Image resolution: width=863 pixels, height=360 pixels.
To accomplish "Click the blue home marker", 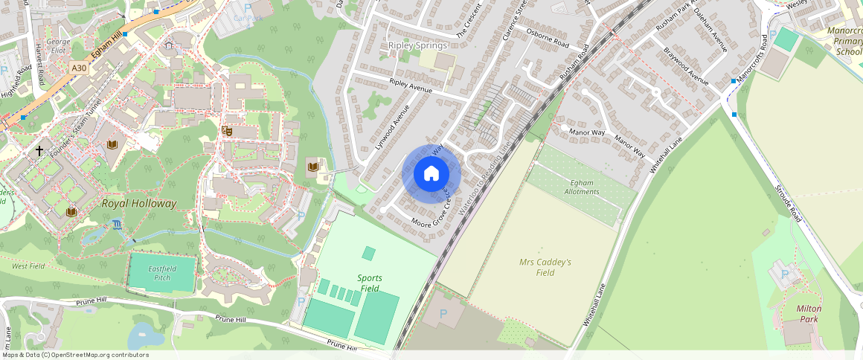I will (431, 174).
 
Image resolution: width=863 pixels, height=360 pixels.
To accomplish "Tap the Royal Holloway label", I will (139, 203).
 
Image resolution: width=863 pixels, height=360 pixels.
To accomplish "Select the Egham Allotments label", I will (581, 187).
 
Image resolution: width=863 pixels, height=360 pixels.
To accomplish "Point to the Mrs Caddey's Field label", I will (545, 267).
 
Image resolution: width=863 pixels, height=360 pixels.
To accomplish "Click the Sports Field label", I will (370, 283).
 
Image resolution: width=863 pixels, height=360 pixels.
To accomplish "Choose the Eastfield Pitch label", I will (161, 271).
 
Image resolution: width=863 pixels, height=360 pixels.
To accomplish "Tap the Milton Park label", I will (807, 313).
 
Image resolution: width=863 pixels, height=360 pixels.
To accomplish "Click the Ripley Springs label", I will (417, 45).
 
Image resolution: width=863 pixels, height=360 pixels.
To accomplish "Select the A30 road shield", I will (79, 68).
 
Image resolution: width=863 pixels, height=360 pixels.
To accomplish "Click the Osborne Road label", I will (547, 39).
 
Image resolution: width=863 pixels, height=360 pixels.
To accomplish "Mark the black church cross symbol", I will (39, 150).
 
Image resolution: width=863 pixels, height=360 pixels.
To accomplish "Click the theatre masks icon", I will (228, 130).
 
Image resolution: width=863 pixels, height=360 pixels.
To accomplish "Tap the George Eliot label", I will (58, 46).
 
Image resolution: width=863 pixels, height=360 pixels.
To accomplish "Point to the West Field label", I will (28, 266).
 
